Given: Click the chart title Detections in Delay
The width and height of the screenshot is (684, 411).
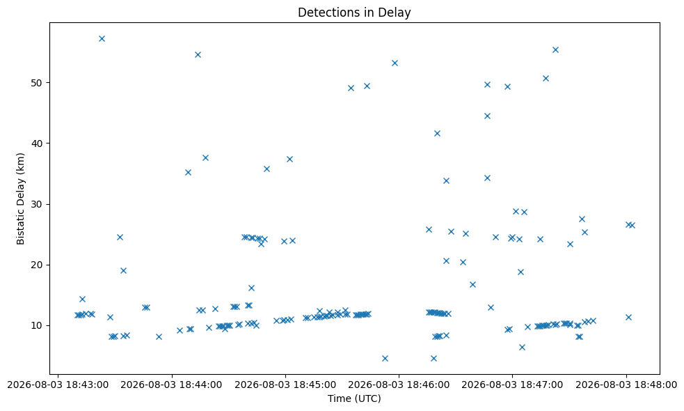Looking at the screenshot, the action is [x=354, y=13].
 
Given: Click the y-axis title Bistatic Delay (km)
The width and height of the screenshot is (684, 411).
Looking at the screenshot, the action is [x=20, y=199].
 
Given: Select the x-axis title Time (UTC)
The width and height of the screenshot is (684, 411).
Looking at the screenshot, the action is [x=354, y=398].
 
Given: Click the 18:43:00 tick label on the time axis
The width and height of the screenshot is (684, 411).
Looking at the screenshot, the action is [x=58, y=385].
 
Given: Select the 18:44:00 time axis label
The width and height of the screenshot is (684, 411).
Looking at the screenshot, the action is [x=172, y=385].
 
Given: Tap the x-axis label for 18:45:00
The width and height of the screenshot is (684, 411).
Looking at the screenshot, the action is [x=285, y=385].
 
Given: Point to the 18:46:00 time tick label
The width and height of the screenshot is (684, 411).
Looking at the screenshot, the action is [x=399, y=385].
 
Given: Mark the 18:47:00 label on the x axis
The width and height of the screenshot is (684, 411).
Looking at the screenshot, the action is [x=512, y=385].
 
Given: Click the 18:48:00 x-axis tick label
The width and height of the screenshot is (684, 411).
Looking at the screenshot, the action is [x=626, y=385].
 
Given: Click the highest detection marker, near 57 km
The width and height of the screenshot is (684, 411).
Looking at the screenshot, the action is [x=102, y=38].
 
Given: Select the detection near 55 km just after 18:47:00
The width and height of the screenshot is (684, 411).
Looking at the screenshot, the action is [x=555, y=49].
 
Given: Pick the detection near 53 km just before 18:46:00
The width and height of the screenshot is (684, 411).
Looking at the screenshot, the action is [x=395, y=63].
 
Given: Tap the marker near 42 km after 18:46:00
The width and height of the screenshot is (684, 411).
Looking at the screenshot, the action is [x=437, y=133].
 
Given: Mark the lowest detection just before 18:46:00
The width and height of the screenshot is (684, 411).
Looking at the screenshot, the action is [x=385, y=358].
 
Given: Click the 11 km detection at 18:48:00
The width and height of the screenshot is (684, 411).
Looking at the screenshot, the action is [x=628, y=317].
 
